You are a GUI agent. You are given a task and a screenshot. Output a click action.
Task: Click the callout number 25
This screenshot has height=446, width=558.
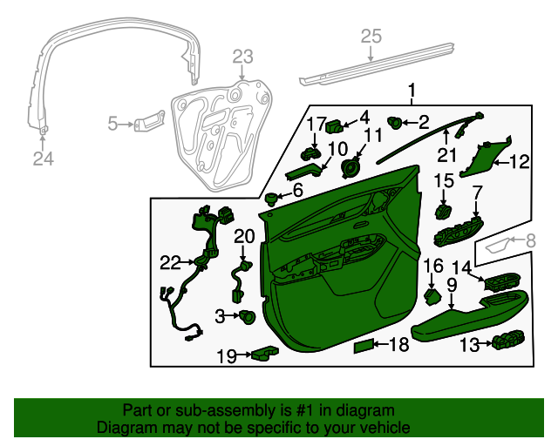tap(371, 36)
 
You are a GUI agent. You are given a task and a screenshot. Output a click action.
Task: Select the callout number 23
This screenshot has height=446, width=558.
tap(242, 57)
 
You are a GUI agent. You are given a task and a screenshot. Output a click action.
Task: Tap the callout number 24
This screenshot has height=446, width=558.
tap(43, 159)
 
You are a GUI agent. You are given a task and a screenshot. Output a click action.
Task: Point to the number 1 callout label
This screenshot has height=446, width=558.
tap(412, 91)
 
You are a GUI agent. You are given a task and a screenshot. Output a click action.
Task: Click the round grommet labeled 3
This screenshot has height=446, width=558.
tap(246, 316)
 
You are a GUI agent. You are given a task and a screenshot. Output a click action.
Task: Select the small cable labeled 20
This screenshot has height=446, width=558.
tap(240, 279)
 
